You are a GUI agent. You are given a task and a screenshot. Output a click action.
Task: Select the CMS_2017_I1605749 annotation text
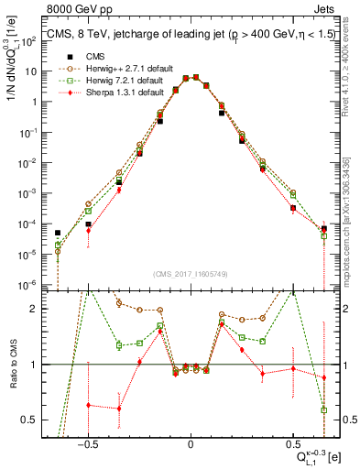click(x=190, y=274)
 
